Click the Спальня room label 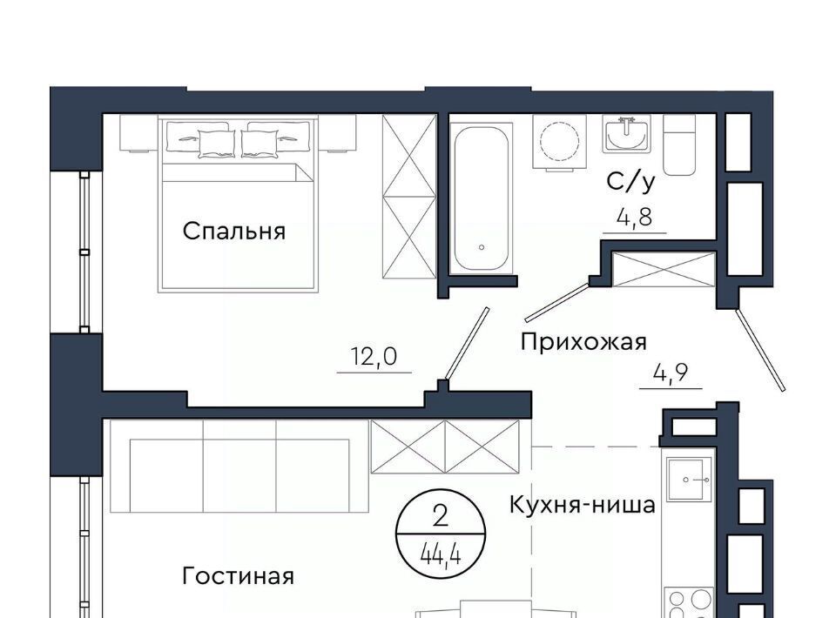click(234, 232)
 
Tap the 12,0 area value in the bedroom click(374, 356)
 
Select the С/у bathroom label click(630, 182)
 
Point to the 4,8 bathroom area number click(635, 218)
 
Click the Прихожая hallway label click(583, 341)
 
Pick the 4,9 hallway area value click(671, 373)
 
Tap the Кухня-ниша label click(583, 505)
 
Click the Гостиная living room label click(238, 576)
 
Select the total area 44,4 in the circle click(441, 557)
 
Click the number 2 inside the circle click(441, 517)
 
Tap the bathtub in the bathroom click(481, 198)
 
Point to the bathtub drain click(482, 247)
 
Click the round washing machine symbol click(559, 142)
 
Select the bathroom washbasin click(627, 134)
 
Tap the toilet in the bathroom click(679, 144)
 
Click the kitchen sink click(691, 480)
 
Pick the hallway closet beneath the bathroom click(664, 269)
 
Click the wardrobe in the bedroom click(409, 196)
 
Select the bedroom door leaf click(467, 343)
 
